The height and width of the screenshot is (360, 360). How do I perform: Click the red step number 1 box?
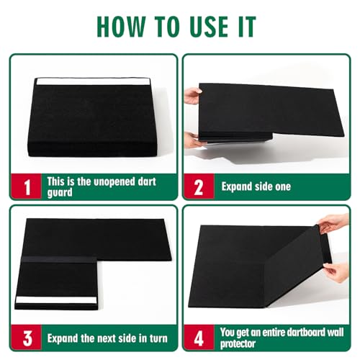27,187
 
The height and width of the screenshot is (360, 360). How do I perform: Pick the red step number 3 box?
27,336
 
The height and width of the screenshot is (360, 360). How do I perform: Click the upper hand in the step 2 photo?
193,95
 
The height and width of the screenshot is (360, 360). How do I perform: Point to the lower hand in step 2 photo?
192,139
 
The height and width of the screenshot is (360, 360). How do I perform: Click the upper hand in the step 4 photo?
333,224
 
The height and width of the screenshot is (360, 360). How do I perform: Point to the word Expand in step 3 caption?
64,337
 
